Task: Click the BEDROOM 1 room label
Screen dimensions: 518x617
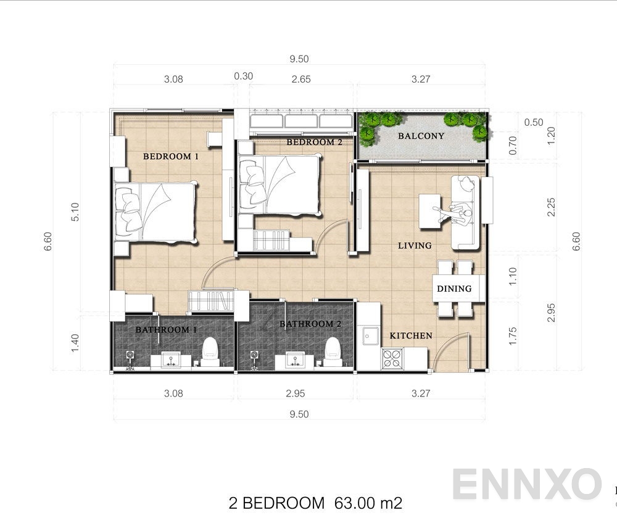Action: pos(171,157)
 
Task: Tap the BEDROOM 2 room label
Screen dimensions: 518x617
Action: pos(315,142)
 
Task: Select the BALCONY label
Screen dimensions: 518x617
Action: pos(421,136)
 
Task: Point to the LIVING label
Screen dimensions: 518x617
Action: pos(415,245)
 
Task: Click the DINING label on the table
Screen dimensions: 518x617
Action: pos(454,288)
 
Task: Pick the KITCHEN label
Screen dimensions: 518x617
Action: pos(410,335)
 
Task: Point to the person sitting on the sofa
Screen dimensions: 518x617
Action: pos(462,213)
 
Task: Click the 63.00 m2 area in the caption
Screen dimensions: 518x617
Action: pos(365,503)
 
